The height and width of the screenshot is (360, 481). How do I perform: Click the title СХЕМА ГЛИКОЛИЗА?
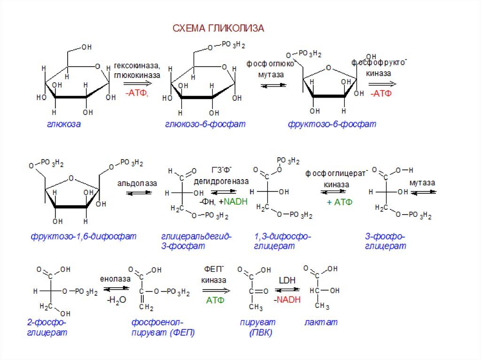pyautogui.click(x=218, y=29)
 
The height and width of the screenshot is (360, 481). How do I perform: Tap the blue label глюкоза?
pyautogui.click(x=63, y=124)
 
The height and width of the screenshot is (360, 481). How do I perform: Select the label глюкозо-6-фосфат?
pyautogui.click(x=205, y=124)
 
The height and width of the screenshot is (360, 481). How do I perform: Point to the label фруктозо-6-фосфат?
pyautogui.click(x=332, y=124)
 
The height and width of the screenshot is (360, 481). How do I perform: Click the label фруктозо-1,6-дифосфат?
pyautogui.click(x=84, y=236)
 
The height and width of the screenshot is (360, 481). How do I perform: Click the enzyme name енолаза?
pyautogui.click(x=115, y=279)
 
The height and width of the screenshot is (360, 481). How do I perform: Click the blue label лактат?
pyautogui.click(x=321, y=322)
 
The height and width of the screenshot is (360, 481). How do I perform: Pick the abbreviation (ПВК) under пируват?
pyautogui.click(x=261, y=333)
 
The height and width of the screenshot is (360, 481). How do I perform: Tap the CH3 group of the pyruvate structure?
pyautogui.click(x=256, y=307)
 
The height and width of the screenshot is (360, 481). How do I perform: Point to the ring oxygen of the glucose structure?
pyautogui.click(x=98, y=66)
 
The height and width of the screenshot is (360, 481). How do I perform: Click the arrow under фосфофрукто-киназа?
pyautogui.click(x=382, y=84)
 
